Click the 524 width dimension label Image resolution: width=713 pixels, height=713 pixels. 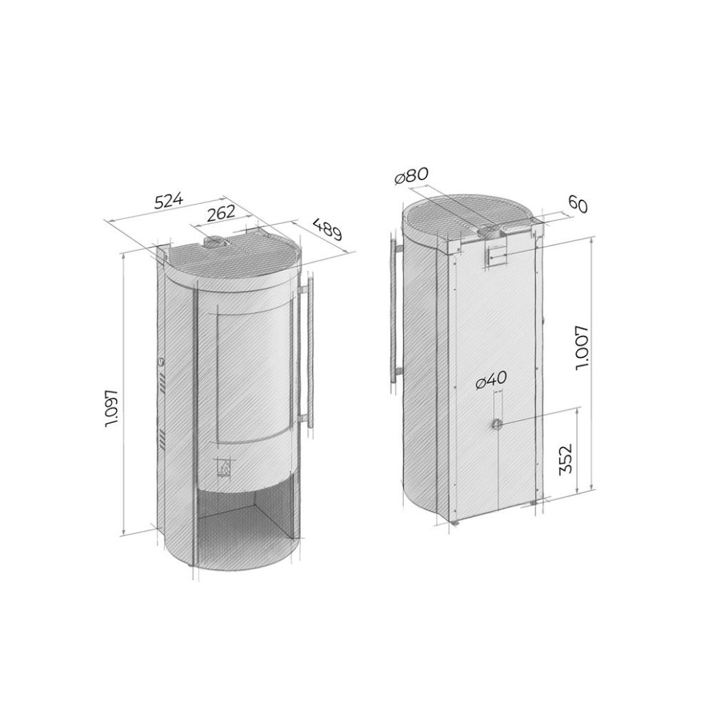click(x=168, y=200)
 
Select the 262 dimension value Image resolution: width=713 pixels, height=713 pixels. click(x=220, y=212)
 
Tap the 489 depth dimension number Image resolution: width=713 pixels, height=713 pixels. click(x=327, y=230)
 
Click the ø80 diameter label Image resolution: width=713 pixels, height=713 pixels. click(x=411, y=176)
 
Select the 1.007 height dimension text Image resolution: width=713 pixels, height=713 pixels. click(x=583, y=348)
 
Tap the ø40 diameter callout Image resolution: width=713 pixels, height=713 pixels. click(x=491, y=380)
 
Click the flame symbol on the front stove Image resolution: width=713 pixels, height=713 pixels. click(x=224, y=466)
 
